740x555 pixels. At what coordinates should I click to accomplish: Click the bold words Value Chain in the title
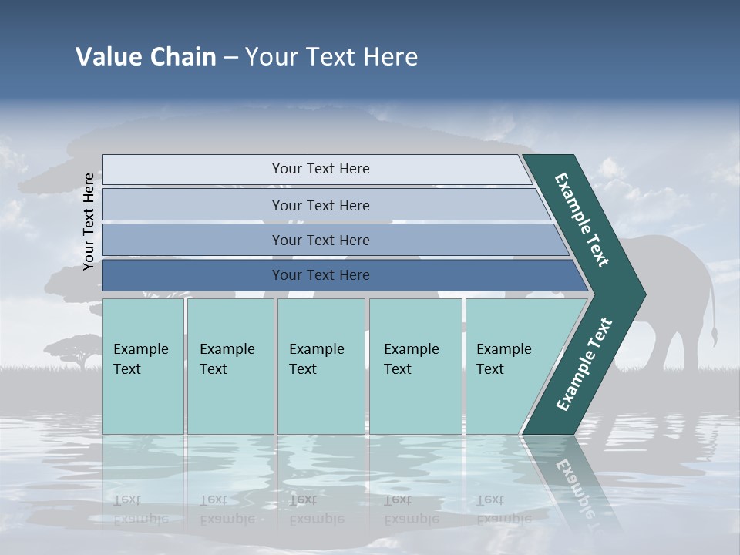pyautogui.click(x=146, y=57)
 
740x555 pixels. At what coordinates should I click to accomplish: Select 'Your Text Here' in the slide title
pyautogui.click(x=331, y=57)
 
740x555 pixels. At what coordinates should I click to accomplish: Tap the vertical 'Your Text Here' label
pyautogui.click(x=89, y=221)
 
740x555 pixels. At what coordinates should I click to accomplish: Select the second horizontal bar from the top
pyautogui.click(x=320, y=205)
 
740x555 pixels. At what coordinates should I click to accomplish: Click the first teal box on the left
pyautogui.click(x=143, y=366)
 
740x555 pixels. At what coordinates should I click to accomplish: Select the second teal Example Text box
pyautogui.click(x=230, y=366)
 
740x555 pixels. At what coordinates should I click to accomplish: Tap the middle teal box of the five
pyautogui.click(x=321, y=366)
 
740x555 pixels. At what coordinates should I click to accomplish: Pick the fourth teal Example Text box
pyautogui.click(x=415, y=366)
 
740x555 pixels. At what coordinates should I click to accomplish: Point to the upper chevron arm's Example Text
pyautogui.click(x=583, y=220)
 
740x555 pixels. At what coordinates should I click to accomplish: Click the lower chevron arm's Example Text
pyautogui.click(x=584, y=364)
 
